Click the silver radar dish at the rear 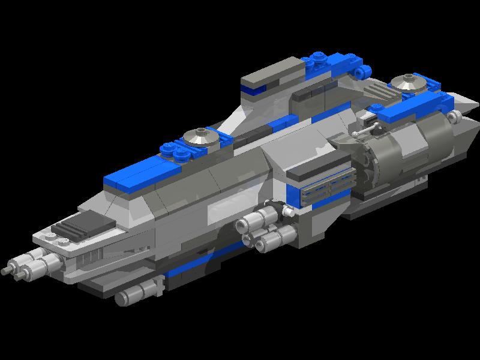(406, 85)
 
